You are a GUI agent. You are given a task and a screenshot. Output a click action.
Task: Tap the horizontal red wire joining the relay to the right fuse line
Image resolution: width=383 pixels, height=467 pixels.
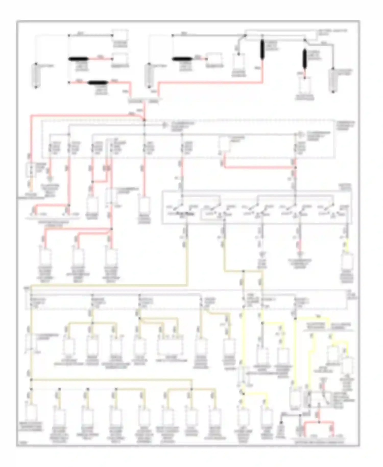[x=258, y=168]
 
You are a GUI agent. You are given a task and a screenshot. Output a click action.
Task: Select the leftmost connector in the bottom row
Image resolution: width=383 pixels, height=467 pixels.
[x=31, y=412]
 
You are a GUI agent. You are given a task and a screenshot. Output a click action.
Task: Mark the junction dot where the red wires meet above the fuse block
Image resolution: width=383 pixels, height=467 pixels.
[x=144, y=120]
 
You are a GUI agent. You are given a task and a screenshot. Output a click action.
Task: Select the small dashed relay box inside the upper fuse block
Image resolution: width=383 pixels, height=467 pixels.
[x=224, y=144]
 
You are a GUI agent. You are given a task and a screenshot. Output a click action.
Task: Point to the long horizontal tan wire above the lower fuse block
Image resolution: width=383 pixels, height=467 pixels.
[x=107, y=285]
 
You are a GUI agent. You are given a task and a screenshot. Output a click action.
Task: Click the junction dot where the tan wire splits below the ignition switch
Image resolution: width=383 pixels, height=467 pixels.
[x=243, y=271]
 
